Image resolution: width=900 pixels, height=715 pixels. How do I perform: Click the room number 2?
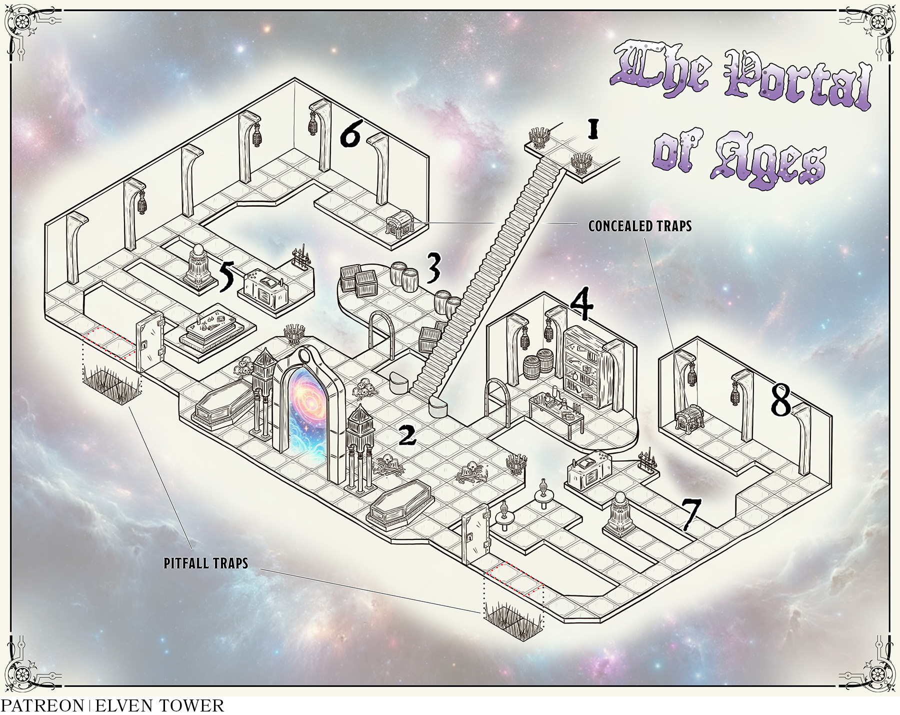(x=407, y=436)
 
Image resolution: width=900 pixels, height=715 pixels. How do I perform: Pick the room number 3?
(x=432, y=269)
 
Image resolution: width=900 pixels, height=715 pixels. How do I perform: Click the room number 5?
(x=227, y=278)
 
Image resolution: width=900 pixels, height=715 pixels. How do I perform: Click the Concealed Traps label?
(x=639, y=226)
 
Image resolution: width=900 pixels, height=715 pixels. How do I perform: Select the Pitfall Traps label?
(x=206, y=563)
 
